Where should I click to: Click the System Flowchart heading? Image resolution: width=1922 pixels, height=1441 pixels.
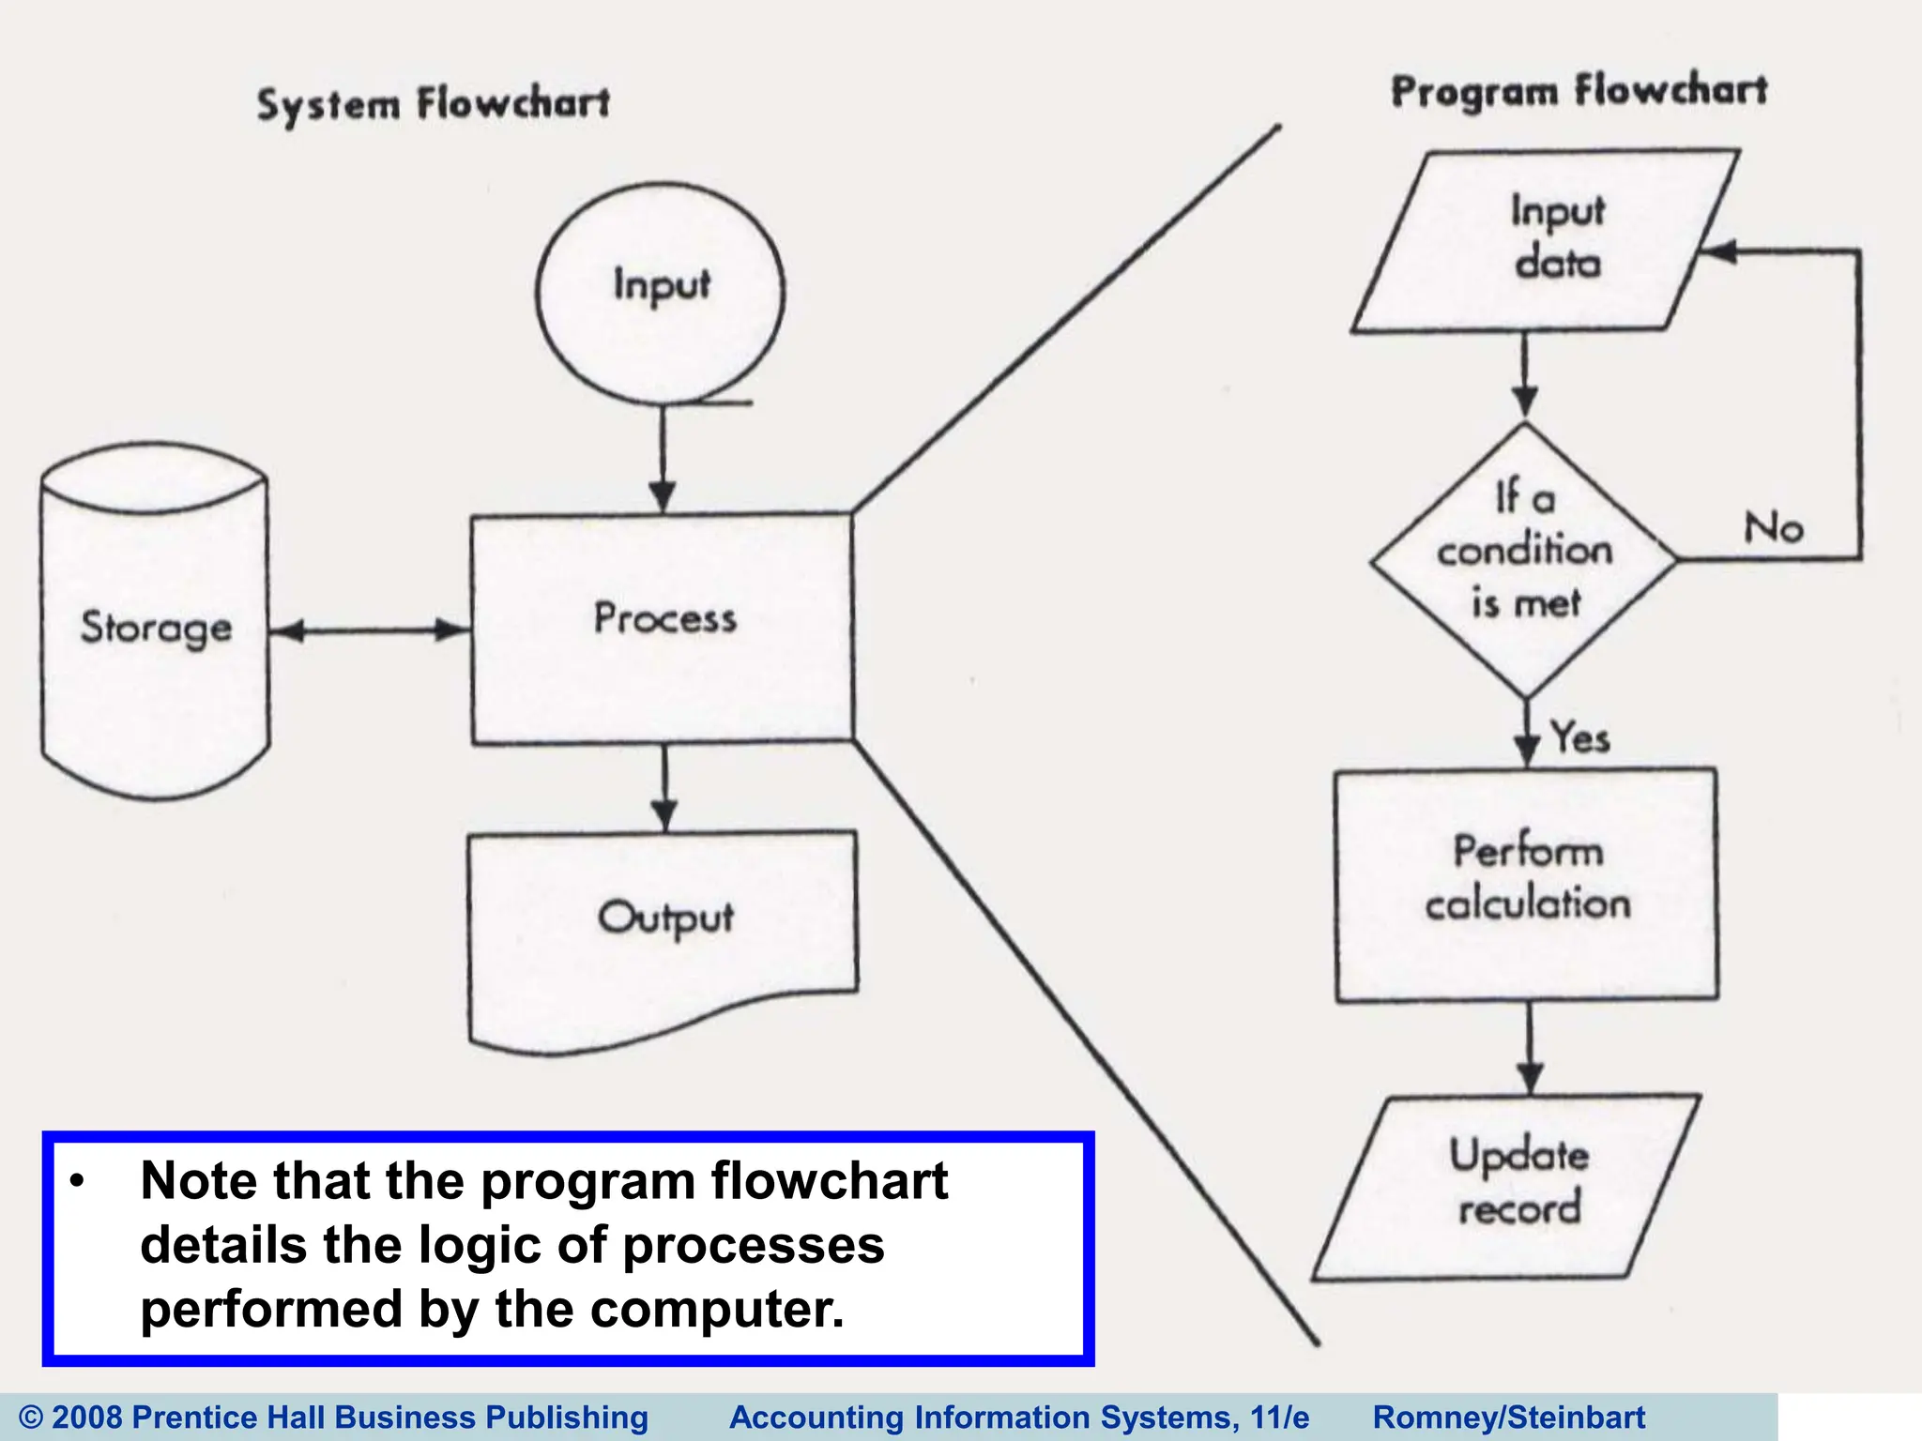tap(434, 103)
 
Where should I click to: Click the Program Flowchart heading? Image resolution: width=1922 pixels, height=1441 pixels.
tap(1579, 91)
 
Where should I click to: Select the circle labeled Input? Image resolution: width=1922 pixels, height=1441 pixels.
tap(661, 293)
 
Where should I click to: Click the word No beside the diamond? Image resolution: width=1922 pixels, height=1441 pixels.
tap(1773, 527)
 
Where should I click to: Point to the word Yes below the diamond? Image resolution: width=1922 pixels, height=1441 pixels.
tap(1579, 737)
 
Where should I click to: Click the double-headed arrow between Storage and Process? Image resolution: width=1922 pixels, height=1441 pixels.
tap(371, 630)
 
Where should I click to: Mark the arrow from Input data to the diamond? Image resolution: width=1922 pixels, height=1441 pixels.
tap(1525, 375)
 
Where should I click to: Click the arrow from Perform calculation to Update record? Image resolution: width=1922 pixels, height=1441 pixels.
tap(1530, 1047)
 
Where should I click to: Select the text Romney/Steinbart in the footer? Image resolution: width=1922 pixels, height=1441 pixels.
tap(1508, 1417)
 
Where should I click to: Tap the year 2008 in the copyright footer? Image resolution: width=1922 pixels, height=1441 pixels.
tap(87, 1417)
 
